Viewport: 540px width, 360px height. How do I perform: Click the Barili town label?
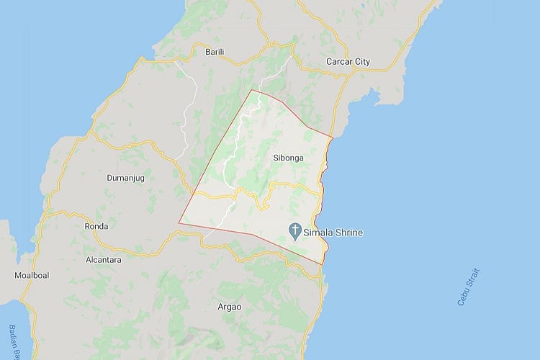pyautogui.click(x=215, y=52)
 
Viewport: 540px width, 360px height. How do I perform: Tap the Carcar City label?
pyautogui.click(x=348, y=62)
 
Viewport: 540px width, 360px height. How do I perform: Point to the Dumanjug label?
pyautogui.click(x=126, y=176)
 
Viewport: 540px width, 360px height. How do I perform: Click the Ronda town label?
pyautogui.click(x=96, y=226)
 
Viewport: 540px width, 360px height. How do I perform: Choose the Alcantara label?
pyautogui.click(x=104, y=259)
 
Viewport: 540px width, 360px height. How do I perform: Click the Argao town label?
pyautogui.click(x=230, y=307)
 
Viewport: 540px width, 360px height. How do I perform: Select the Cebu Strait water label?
pyautogui.click(x=468, y=287)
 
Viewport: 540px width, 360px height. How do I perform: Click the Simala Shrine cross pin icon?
pyautogui.click(x=295, y=231)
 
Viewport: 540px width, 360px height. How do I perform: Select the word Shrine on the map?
pyautogui.click(x=349, y=233)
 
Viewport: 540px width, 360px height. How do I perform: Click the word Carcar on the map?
pyautogui.click(x=338, y=62)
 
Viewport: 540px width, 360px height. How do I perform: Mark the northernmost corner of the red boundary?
pyautogui.click(x=251, y=90)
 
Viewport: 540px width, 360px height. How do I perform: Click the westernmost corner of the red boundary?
pyautogui.click(x=179, y=223)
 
